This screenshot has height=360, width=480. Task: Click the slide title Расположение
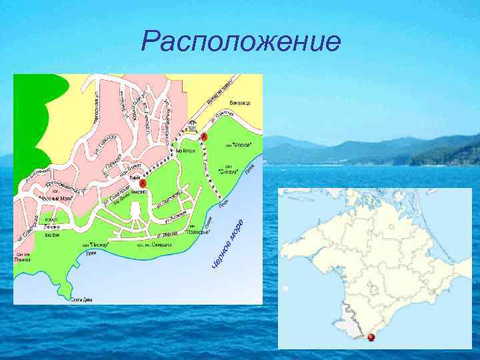pyautogui.click(x=241, y=43)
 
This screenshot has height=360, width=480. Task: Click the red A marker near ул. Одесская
pyautogui.click(x=204, y=136)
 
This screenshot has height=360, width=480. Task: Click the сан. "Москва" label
pyautogui.click(x=239, y=144)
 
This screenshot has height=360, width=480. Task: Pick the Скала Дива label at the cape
pyautogui.click(x=82, y=301)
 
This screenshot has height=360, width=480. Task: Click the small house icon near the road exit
pyautogui.click(x=192, y=125)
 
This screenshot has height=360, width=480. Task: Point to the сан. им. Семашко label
pyautogui.click(x=155, y=245)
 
